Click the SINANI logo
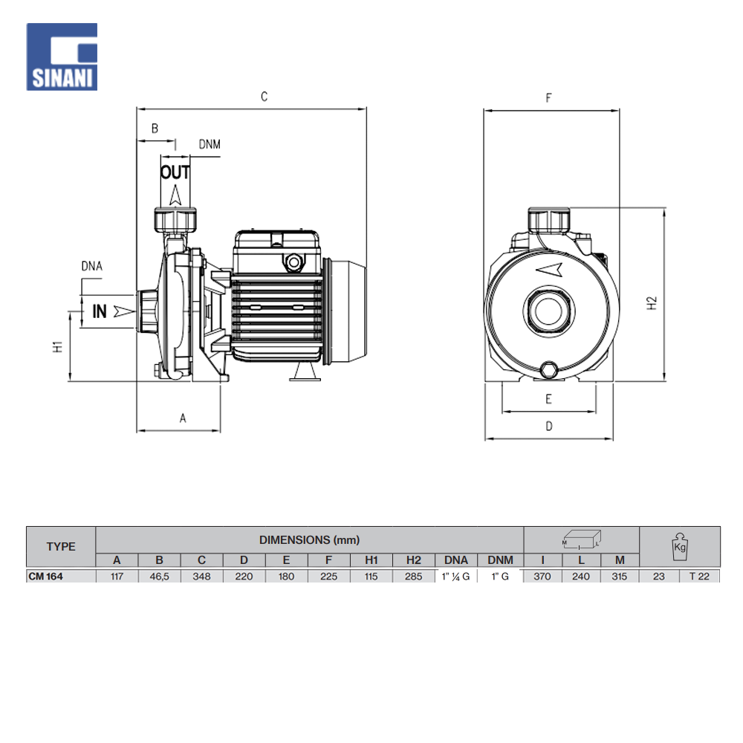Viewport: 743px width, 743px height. [x=62, y=57]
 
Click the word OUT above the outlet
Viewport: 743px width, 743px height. [x=175, y=172]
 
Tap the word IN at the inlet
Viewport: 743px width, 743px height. [x=99, y=311]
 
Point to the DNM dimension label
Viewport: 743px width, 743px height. [x=210, y=144]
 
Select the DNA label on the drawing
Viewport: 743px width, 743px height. [x=92, y=266]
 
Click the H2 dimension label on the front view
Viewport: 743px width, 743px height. [x=652, y=303]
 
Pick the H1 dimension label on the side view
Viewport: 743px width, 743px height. [x=57, y=346]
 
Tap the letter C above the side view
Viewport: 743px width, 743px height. [x=264, y=97]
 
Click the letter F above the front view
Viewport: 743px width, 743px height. [x=549, y=98]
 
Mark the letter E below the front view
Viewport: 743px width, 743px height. [x=549, y=399]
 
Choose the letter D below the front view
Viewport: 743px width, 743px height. [x=549, y=426]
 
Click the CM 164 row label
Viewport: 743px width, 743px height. [x=45, y=577]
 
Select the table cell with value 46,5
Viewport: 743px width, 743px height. [x=159, y=577]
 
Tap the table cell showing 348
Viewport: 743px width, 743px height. [x=201, y=577]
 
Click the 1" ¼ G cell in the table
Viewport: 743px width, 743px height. [x=456, y=577]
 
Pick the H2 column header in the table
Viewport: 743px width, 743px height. [x=414, y=560]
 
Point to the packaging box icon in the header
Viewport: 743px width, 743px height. [x=582, y=539]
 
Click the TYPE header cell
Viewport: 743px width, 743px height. [x=61, y=546]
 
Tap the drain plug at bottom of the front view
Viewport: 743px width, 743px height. [x=549, y=369]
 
